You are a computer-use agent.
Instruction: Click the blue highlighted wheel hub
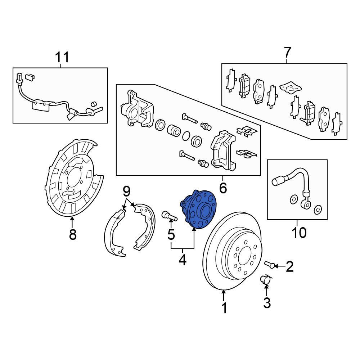[x=198, y=210]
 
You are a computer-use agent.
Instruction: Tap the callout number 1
[x=224, y=308]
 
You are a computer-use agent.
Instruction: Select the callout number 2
[x=289, y=266]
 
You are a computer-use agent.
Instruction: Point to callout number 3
[x=267, y=302]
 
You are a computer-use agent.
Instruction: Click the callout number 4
[x=183, y=260]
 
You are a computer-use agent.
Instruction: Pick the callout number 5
[x=171, y=234]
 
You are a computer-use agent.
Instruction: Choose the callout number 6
[x=223, y=188]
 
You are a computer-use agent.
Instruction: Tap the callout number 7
[x=287, y=52]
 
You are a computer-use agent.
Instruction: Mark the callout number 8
[x=73, y=234]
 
